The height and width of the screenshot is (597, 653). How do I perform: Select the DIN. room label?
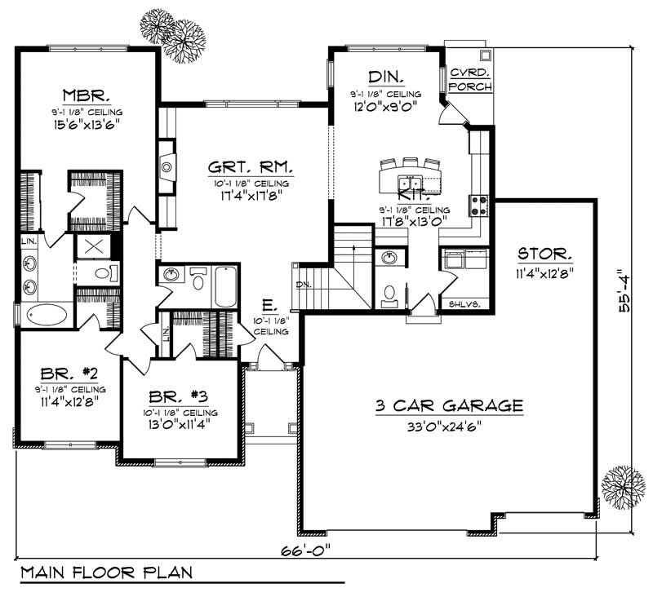click(x=386, y=77)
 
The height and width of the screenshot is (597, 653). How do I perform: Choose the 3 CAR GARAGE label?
click(x=449, y=405)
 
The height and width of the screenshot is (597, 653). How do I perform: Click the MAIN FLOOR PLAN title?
click(x=106, y=572)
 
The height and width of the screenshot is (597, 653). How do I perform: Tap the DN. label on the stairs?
click(x=304, y=285)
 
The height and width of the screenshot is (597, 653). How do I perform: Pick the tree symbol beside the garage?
click(x=623, y=488)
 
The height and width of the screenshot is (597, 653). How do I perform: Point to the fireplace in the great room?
click(x=166, y=167)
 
